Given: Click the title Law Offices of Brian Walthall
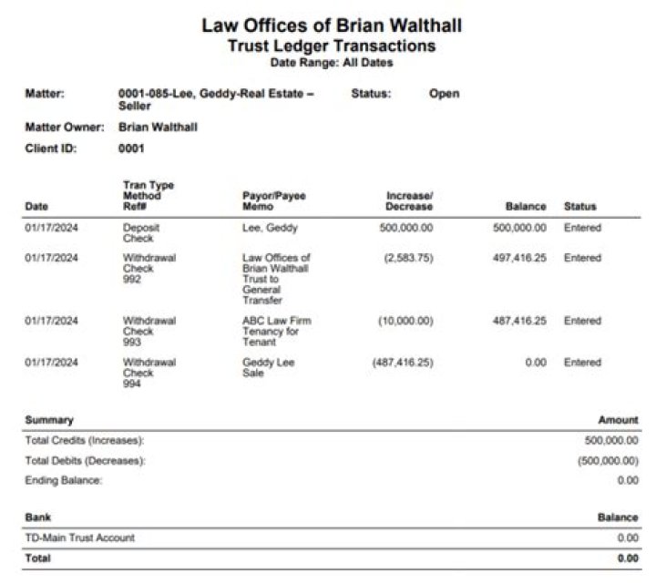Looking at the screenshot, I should (x=331, y=25).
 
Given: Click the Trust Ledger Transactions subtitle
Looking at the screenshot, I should (x=331, y=46).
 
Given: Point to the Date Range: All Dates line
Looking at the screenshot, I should (x=331, y=62).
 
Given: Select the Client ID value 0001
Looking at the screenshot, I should (x=131, y=148).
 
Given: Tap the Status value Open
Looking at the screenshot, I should (x=444, y=94).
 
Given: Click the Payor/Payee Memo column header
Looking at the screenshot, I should (x=274, y=201).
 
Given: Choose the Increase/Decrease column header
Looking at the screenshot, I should (x=409, y=201).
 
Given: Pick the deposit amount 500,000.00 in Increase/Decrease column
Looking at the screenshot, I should (x=406, y=228).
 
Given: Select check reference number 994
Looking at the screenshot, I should (x=131, y=384).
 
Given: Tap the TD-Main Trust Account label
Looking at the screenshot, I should (x=79, y=538).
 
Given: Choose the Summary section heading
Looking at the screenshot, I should (x=49, y=420).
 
